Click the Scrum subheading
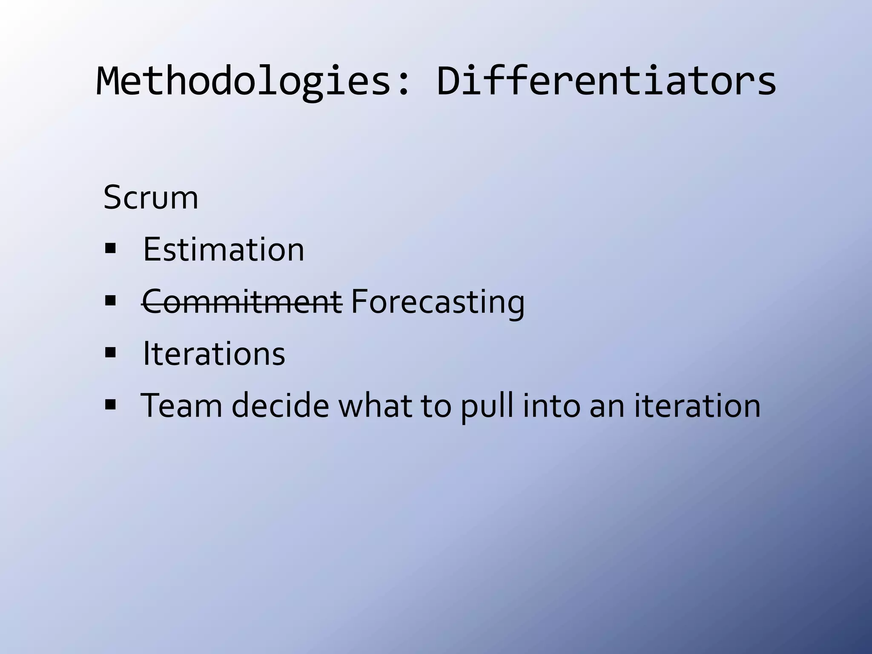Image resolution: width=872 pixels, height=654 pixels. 151,198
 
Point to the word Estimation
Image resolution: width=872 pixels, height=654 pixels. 224,250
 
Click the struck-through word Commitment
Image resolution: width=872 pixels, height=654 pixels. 242,301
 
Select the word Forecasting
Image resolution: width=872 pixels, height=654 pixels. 437,301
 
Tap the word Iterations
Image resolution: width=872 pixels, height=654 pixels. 214,353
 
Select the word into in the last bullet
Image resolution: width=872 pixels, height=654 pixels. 551,405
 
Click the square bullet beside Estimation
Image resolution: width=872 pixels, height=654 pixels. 110,248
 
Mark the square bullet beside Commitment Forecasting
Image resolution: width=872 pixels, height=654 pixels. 110,301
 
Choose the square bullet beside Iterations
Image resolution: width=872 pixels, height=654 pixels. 110,353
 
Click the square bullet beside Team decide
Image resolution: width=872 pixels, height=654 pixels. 110,404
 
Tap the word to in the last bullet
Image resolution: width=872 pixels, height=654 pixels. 436,405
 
